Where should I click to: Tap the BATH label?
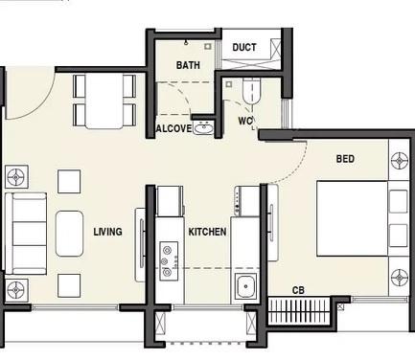[187, 65]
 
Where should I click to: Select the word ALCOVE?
[173, 128]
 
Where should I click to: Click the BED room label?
[345, 158]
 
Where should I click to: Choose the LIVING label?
[107, 232]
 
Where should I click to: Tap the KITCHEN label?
[206, 232]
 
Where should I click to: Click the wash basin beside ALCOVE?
[202, 127]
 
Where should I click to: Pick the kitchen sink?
[245, 284]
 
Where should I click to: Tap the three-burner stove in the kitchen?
[170, 259]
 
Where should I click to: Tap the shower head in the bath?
[206, 45]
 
